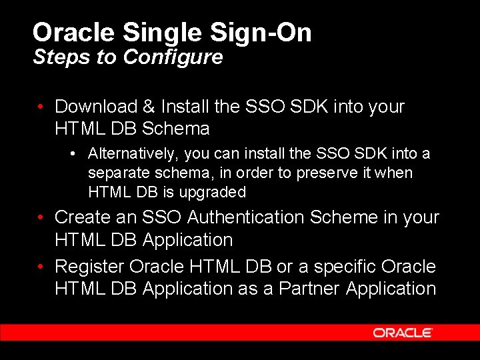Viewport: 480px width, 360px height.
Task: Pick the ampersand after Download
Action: pyautogui.click(x=149, y=107)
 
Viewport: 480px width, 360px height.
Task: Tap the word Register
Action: pyautogui.click(x=89, y=267)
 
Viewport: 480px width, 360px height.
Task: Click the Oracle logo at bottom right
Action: pyautogui.click(x=403, y=332)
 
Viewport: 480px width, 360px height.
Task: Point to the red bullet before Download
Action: pyautogui.click(x=41, y=107)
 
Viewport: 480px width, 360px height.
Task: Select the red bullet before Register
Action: pyautogui.click(x=41, y=267)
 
